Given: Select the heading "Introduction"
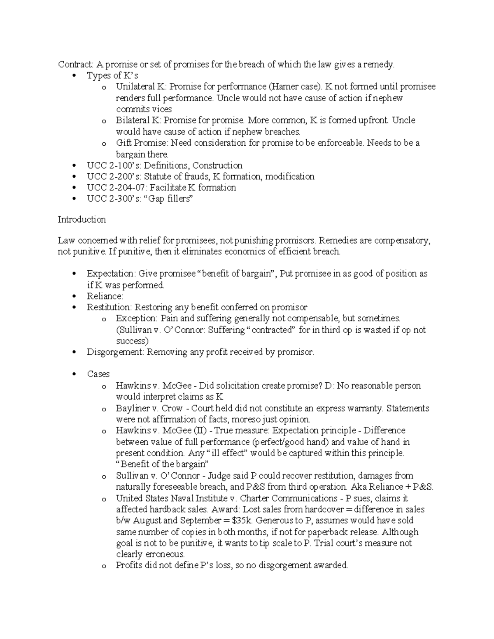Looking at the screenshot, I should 82,219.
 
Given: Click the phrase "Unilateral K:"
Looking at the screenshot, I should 141,87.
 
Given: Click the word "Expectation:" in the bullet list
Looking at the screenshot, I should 110,274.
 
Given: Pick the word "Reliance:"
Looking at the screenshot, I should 105,296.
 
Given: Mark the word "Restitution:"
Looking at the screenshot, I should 109,307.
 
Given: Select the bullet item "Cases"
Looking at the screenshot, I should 98,374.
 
